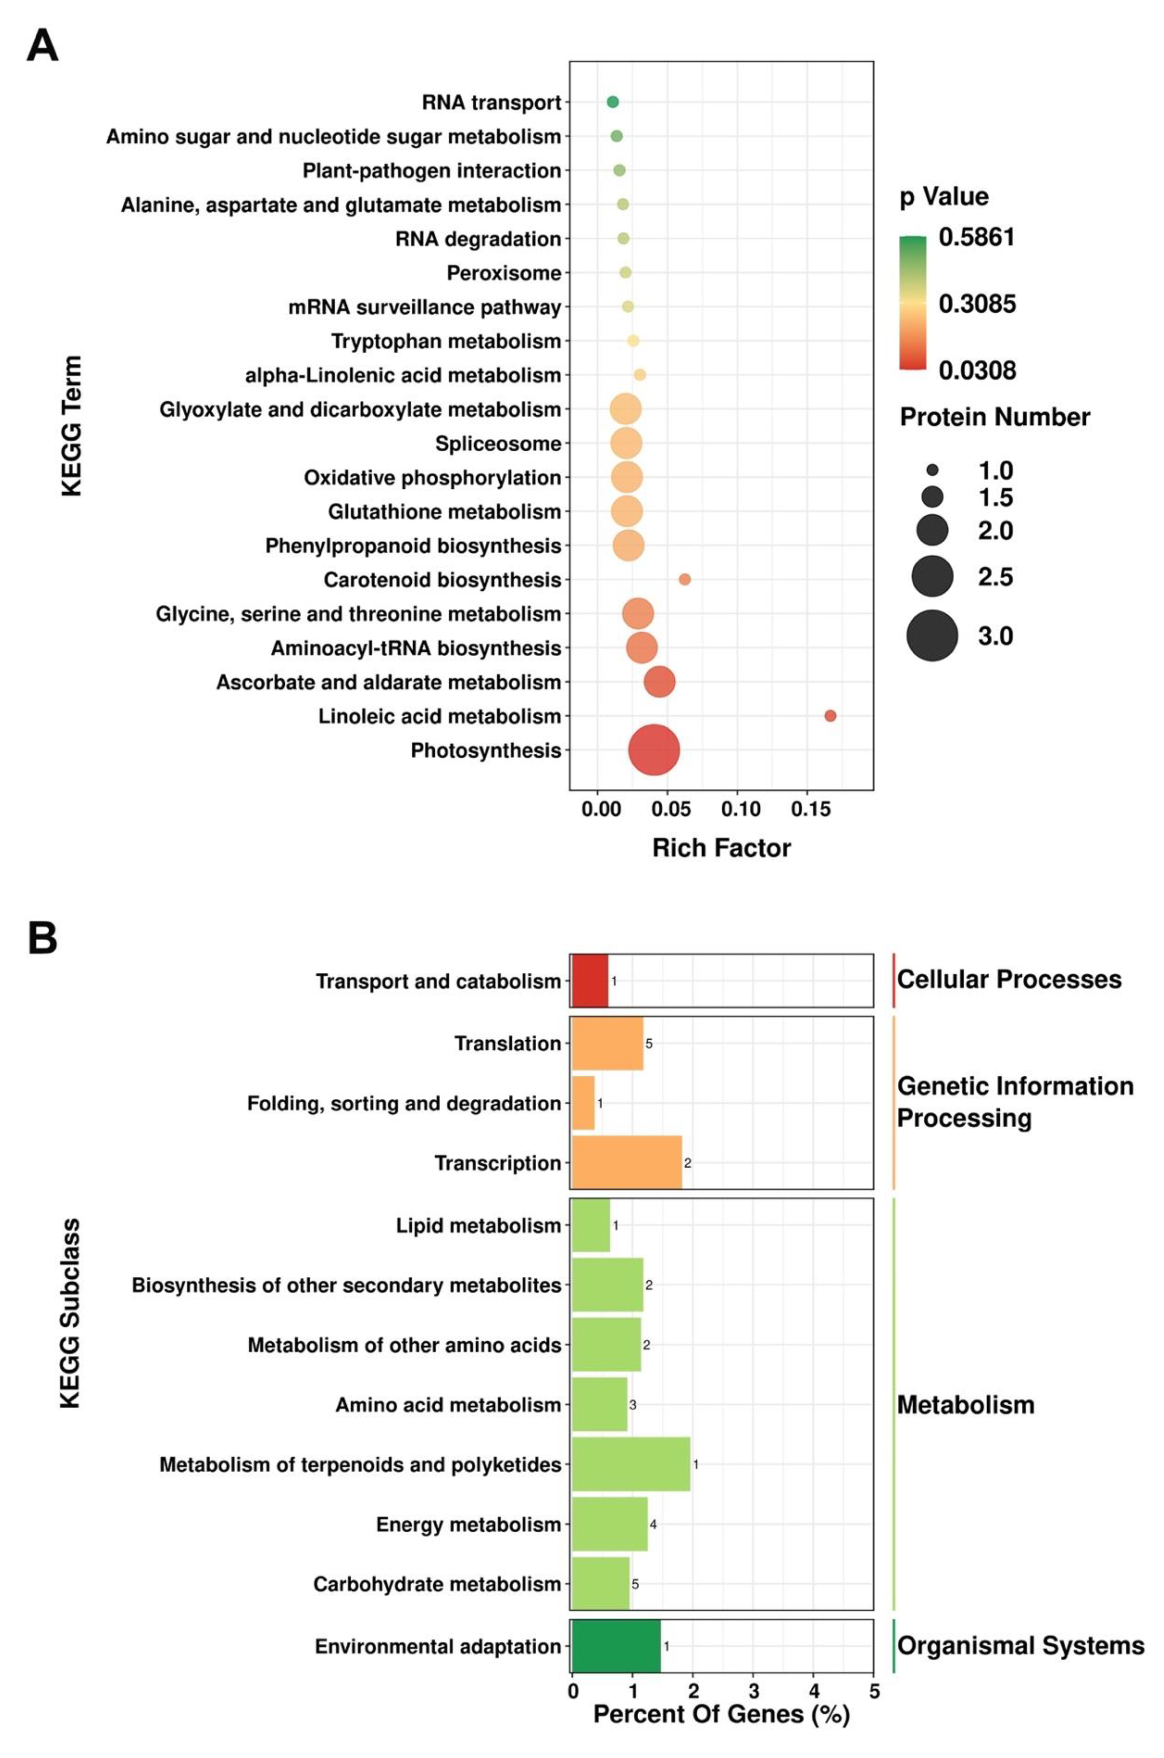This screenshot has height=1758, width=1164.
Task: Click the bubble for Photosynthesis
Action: click(x=653, y=750)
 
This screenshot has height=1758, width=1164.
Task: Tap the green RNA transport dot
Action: click(x=612, y=102)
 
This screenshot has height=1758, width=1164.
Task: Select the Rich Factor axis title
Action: click(x=721, y=848)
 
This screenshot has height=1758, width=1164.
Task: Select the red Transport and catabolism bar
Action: click(x=589, y=980)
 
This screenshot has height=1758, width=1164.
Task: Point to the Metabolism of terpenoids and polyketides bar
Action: click(x=631, y=1464)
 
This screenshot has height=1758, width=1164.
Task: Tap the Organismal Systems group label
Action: click(x=1020, y=1645)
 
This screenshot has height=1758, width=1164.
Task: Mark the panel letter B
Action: click(x=42, y=938)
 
